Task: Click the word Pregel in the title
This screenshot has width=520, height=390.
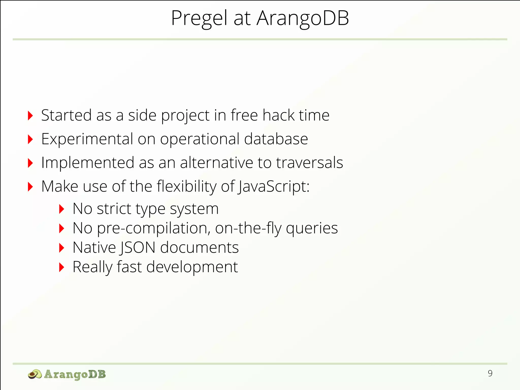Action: pos(199,18)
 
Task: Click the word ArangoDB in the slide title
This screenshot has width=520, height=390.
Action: pos(303,18)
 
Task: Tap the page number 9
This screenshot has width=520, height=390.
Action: pos(490,373)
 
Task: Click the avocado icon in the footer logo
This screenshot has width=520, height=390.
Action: pos(35,374)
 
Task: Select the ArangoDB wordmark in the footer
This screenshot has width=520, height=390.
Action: pos(75,374)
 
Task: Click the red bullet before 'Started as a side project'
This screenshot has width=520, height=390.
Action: pos(30,116)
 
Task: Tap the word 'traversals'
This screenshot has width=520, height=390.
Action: pos(310,163)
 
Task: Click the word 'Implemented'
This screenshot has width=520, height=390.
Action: pos(88,163)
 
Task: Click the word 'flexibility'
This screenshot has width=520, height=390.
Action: pos(187,187)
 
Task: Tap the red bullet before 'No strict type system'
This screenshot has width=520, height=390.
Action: pos(62,209)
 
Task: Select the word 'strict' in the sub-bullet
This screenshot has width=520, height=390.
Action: pos(114,209)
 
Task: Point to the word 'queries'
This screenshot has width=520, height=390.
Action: pos(312,228)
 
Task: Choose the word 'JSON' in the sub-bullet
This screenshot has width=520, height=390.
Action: pos(137,248)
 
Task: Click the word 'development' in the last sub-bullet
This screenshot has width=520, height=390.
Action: pos(192,267)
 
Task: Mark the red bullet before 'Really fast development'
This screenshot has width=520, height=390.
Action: pos(62,267)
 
